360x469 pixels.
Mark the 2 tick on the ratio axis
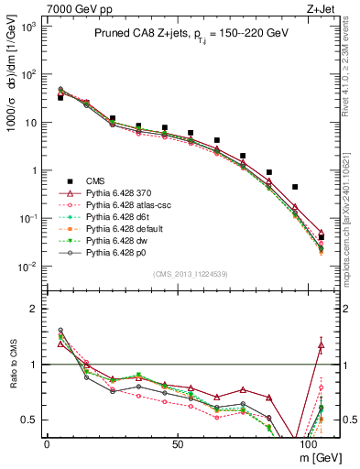click(35, 309)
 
